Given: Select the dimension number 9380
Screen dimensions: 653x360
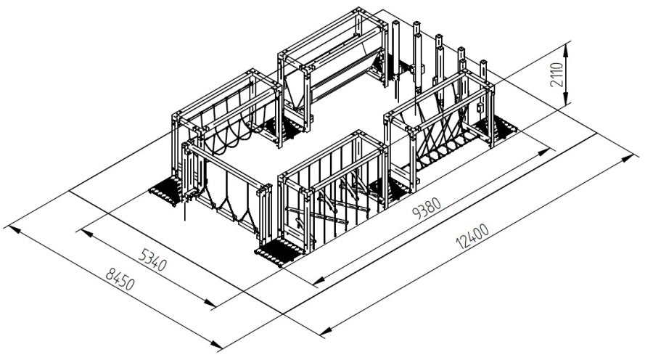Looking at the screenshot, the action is pyautogui.click(x=426, y=208).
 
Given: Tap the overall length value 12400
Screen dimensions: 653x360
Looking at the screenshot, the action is pyautogui.click(x=472, y=236).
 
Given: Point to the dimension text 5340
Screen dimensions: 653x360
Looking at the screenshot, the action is pyautogui.click(x=152, y=260).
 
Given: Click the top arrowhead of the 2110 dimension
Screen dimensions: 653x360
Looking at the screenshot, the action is pyautogui.click(x=565, y=49).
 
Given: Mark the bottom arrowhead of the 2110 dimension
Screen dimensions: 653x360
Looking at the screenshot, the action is pyautogui.click(x=565, y=99).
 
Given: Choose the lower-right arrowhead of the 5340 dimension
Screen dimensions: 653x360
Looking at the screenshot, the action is pyautogui.click(x=210, y=303).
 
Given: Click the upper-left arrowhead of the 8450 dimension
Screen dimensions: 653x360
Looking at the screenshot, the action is pyautogui.click(x=15, y=229).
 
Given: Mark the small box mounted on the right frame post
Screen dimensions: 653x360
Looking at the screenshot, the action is pyautogui.click(x=480, y=107).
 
